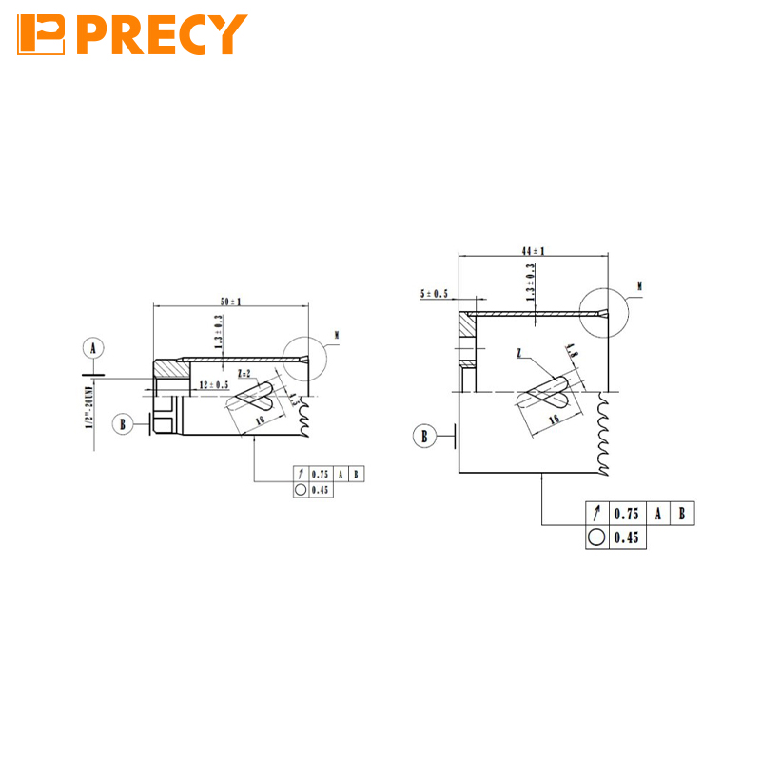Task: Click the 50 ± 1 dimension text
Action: point(231,302)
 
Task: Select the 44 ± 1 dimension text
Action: point(533,250)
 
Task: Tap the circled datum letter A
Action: point(93,349)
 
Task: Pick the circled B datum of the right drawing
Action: point(425,437)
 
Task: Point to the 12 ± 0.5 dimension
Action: point(214,384)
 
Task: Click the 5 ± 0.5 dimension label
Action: point(433,294)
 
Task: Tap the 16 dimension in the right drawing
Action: point(553,417)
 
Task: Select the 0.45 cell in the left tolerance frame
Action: point(320,490)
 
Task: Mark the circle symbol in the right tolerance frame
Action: point(596,537)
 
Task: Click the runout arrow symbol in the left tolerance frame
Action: point(301,474)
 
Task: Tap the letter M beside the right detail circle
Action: point(639,285)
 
